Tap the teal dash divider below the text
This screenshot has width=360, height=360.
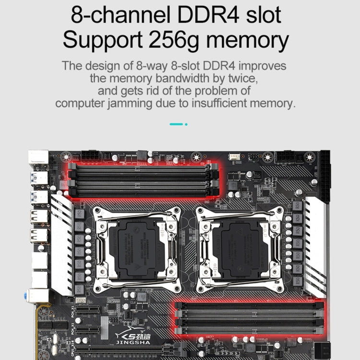tap(176, 124)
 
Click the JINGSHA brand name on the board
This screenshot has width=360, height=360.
tap(133, 341)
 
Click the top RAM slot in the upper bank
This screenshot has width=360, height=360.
tap(143, 167)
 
